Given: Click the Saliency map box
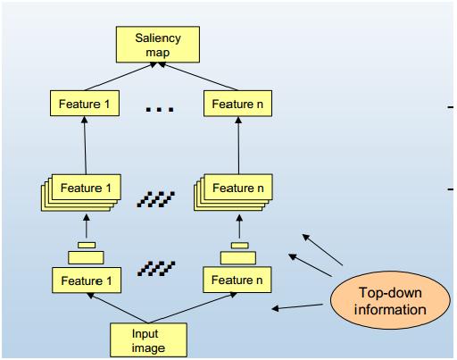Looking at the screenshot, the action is click(x=158, y=45).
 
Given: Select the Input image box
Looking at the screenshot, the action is click(x=148, y=339).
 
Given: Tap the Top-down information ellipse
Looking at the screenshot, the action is click(x=390, y=300).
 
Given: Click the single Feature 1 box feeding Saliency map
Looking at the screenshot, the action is click(x=85, y=104).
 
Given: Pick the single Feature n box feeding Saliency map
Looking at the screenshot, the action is click(x=237, y=104).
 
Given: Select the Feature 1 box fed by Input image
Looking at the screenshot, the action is click(x=87, y=280).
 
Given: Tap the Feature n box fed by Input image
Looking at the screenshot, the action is click(x=237, y=280).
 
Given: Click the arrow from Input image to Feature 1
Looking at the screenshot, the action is click(x=118, y=308).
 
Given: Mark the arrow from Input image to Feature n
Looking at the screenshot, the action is click(x=193, y=308).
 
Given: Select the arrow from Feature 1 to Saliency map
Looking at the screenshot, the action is click(x=120, y=76).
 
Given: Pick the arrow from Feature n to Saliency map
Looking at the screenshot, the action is click(x=198, y=76).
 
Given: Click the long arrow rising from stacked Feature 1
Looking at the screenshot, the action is click(x=85, y=146).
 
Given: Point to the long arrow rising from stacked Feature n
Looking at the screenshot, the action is click(x=238, y=146).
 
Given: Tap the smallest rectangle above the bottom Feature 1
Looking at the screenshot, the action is click(x=87, y=245).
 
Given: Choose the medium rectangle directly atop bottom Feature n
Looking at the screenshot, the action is click(x=238, y=258).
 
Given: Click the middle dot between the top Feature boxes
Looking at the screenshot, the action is click(x=159, y=110).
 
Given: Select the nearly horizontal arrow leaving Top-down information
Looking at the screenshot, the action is click(x=297, y=307).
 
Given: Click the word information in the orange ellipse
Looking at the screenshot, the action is click(x=390, y=310).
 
